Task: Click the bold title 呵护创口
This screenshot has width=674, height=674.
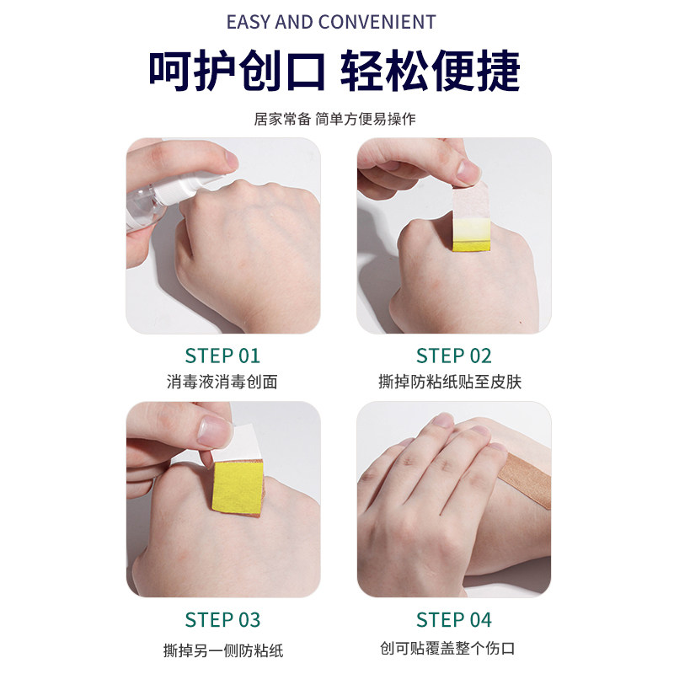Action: [237, 72]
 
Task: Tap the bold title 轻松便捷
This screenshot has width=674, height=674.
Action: [431, 72]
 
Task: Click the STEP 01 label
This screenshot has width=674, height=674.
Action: [222, 355]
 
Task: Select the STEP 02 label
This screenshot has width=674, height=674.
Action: [453, 355]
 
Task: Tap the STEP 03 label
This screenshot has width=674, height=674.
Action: [222, 619]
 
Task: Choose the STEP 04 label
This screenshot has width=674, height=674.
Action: [453, 619]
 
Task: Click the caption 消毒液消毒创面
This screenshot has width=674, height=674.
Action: [222, 382]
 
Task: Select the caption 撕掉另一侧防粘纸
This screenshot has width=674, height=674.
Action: [222, 650]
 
